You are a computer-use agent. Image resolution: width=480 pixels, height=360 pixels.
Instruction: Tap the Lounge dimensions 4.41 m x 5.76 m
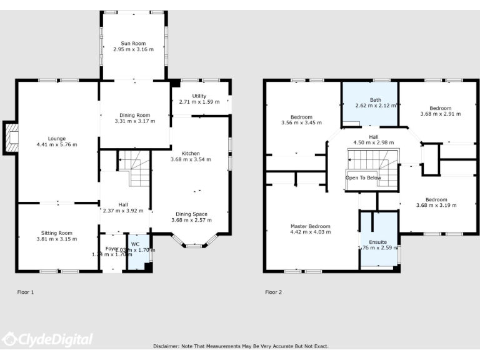(x=57, y=144)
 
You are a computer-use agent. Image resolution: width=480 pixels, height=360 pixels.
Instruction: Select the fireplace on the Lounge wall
(x=11, y=137)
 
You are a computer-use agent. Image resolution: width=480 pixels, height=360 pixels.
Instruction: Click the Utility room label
(x=199, y=96)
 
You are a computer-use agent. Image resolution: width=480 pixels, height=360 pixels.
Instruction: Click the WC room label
(x=136, y=244)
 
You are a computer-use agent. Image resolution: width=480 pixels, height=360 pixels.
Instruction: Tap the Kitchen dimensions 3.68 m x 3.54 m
(x=191, y=159)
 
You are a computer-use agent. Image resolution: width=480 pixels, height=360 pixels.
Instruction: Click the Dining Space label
(x=191, y=214)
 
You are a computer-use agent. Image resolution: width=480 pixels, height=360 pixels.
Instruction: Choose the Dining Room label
(x=134, y=115)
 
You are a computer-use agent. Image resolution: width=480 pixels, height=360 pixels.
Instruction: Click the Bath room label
(x=375, y=99)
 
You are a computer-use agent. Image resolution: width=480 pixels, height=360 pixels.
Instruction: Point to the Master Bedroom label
(x=311, y=226)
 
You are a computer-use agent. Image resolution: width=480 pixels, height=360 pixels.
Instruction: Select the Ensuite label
(x=377, y=241)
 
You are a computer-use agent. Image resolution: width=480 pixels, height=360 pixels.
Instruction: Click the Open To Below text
(x=363, y=177)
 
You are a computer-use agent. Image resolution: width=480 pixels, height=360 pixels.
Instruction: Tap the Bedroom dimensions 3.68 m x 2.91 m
(x=440, y=114)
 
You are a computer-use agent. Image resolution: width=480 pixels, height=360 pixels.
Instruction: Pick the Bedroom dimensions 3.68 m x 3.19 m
(x=440, y=206)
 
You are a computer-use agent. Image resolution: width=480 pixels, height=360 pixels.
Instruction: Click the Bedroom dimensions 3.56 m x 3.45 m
(x=302, y=122)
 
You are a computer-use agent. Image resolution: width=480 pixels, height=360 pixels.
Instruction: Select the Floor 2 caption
(x=273, y=292)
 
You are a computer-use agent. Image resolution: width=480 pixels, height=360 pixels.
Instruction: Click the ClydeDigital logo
(x=47, y=339)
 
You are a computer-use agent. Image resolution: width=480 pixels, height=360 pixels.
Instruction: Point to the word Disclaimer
(x=167, y=346)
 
